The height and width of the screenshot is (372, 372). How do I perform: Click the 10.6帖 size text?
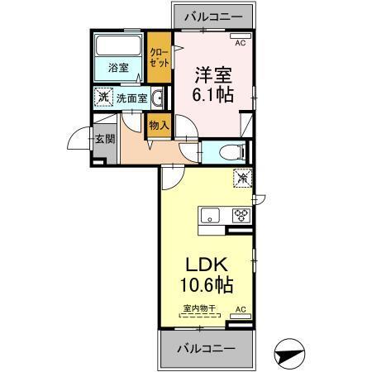(x=206, y=286)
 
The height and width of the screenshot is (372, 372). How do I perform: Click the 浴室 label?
(x=117, y=69)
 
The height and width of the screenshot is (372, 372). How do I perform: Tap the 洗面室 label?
(x=130, y=98)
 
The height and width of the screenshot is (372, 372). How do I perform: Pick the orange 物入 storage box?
(x=159, y=126)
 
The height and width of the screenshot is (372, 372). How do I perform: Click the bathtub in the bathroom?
(x=117, y=45)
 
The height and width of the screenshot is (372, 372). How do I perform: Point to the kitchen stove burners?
(x=241, y=217)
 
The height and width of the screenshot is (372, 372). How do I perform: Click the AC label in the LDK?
(x=241, y=309)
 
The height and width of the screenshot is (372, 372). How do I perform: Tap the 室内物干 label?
(x=198, y=309)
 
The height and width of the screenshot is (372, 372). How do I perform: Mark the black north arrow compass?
(x=291, y=355)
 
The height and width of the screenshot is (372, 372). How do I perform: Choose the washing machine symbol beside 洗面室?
(x=103, y=97)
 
